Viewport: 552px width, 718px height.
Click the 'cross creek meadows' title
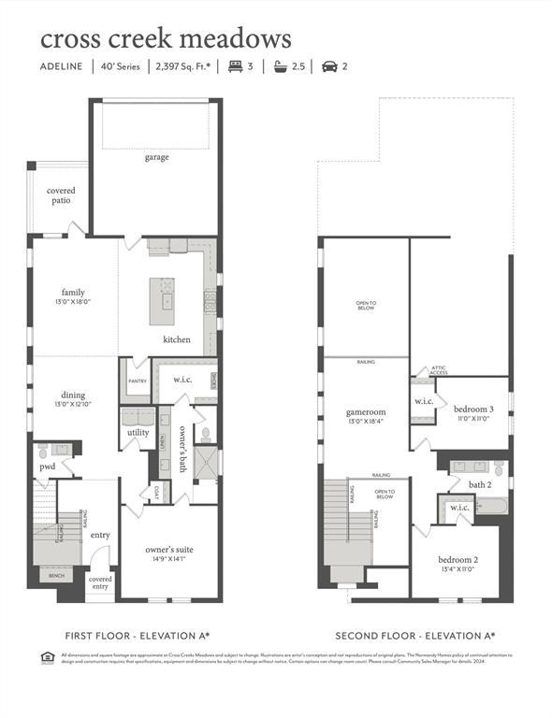click(166, 38)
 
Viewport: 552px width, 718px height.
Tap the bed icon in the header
click(234, 66)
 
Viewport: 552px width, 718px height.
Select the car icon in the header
click(328, 66)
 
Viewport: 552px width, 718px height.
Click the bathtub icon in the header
click(281, 66)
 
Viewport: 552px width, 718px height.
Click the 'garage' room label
click(156, 157)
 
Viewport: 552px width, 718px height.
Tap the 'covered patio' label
click(62, 195)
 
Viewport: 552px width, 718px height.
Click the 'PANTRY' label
click(136, 381)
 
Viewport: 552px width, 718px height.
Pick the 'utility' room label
click(138, 433)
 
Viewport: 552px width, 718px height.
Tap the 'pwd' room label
click(46, 467)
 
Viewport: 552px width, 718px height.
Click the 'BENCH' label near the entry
click(57, 576)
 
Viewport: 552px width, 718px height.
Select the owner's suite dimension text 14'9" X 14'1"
click(168, 559)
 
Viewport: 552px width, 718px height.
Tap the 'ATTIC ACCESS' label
click(438, 370)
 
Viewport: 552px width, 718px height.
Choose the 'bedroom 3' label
click(473, 410)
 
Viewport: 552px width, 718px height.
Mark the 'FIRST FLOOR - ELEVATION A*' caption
click(138, 635)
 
